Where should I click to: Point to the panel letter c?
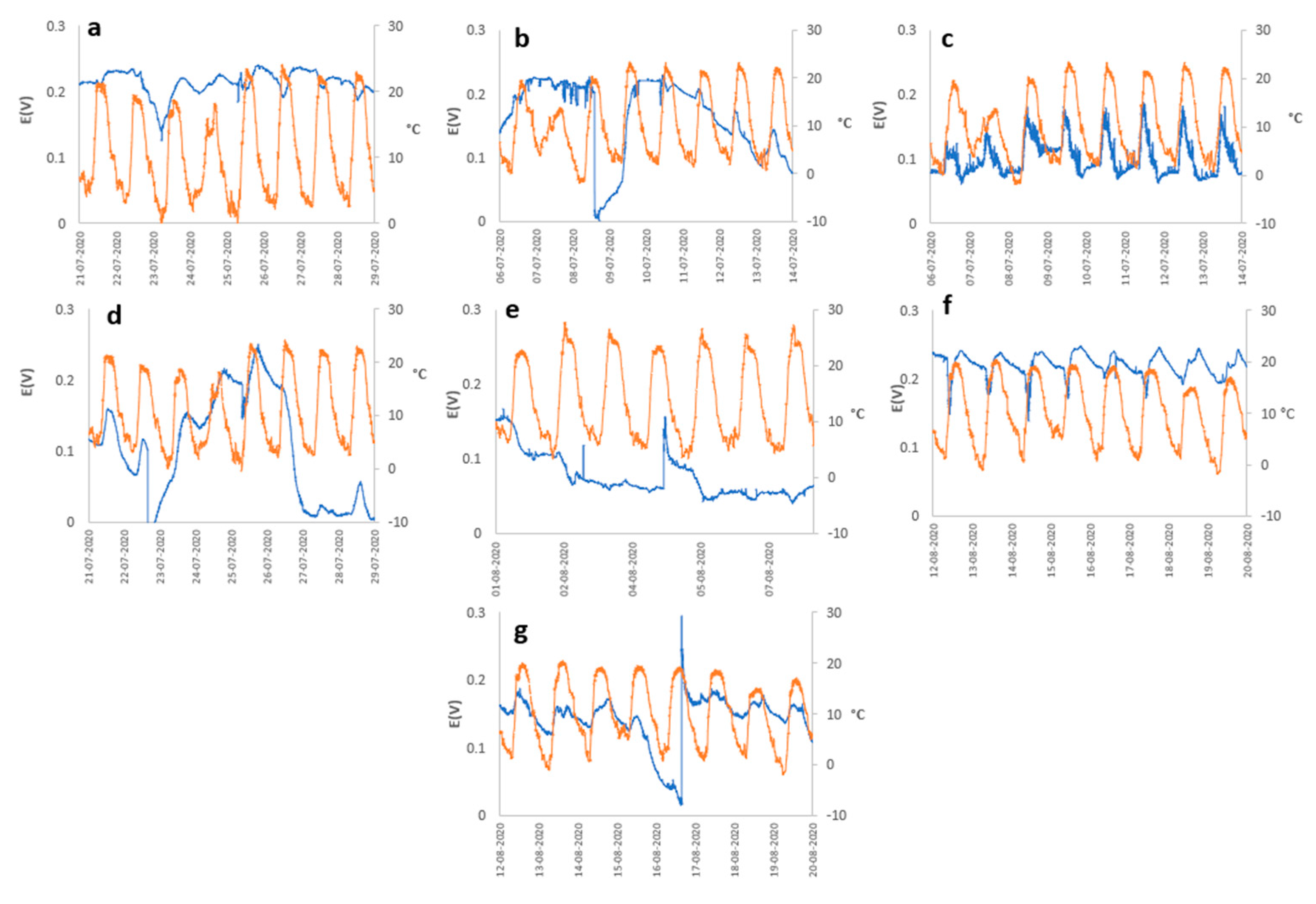point(947,39)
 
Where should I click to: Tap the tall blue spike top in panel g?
point(681,618)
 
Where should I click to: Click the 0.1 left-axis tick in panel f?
point(909,448)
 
